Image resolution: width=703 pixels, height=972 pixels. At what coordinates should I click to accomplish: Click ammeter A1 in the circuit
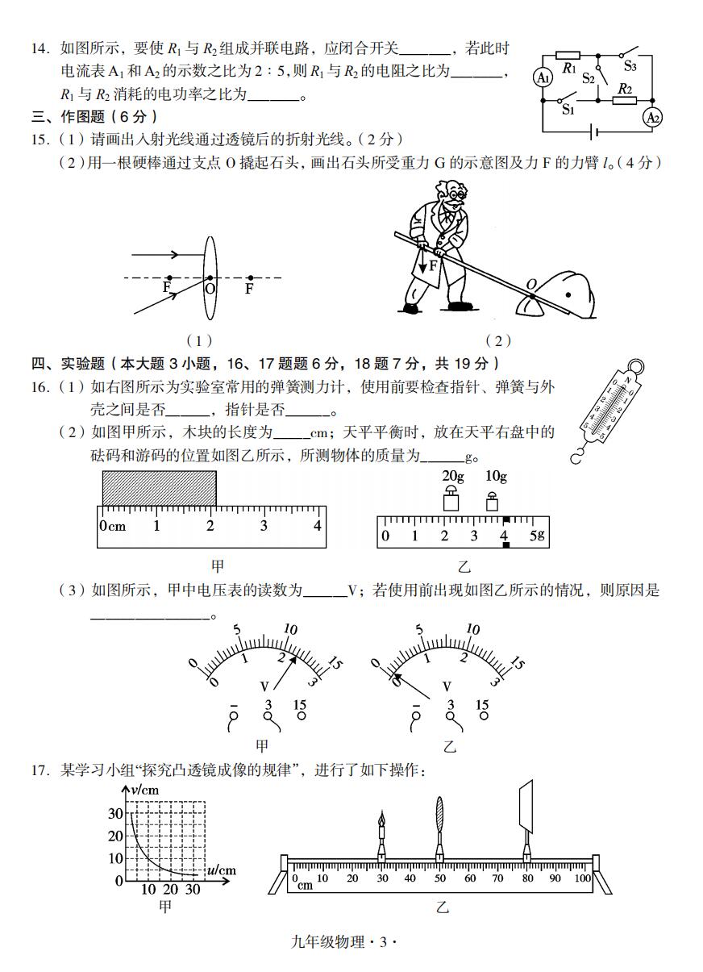tap(543, 77)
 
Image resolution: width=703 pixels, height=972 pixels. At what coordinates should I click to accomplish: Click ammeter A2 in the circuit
tap(652, 118)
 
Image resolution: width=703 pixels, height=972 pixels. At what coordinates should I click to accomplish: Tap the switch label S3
tap(630, 67)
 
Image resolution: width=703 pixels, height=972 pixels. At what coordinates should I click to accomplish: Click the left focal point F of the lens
tap(168, 278)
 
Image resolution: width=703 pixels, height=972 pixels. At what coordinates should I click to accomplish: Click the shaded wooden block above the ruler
tap(159, 487)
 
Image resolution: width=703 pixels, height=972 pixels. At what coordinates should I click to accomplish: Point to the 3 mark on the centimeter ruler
tap(264, 525)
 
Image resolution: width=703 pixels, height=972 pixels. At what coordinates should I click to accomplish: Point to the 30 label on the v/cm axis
tap(116, 813)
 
